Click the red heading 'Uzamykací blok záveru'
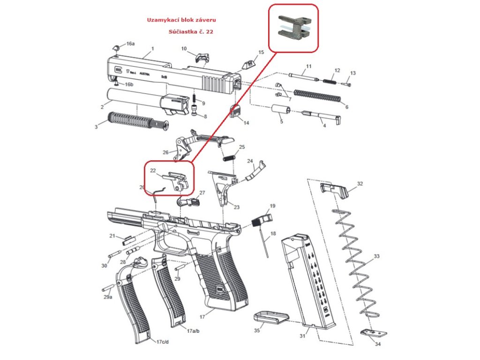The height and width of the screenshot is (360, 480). (182, 20)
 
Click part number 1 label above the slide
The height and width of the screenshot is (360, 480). (152, 49)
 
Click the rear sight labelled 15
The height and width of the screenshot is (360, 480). (248, 62)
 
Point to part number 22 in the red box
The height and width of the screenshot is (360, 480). (153, 171)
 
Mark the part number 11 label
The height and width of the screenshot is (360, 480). (308, 66)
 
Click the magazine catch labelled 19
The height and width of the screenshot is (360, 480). (262, 219)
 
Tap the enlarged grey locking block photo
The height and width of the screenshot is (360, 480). (294, 27)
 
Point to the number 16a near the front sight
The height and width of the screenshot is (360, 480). (130, 44)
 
